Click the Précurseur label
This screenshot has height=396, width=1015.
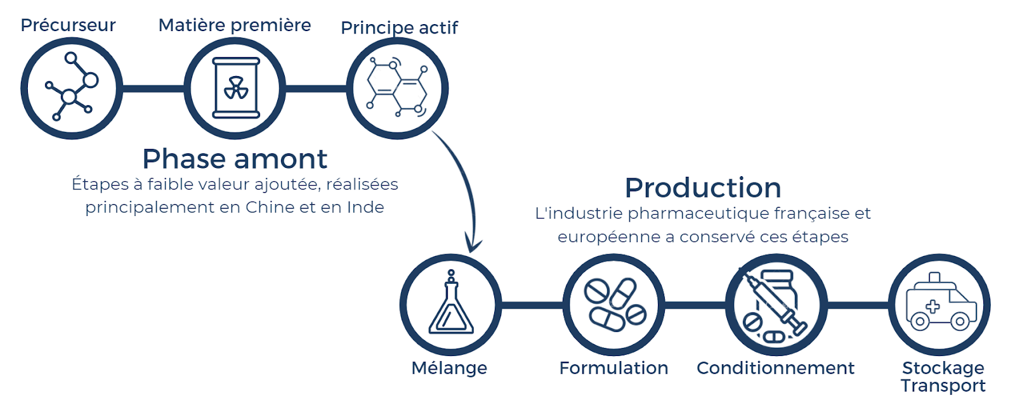coord(68,25)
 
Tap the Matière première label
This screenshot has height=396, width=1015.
coord(234,25)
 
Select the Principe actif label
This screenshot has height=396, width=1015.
coord(399,28)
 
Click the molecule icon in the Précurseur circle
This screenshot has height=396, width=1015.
coord(72,86)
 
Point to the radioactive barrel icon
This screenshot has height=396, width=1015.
coord(235,88)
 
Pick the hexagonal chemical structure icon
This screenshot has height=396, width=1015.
coord(397,87)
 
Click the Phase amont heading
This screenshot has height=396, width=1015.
coord(235,159)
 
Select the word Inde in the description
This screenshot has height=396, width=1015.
coord(365,207)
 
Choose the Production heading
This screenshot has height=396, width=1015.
coord(703,188)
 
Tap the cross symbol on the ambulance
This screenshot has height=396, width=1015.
coord(933,307)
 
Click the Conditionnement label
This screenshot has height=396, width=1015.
coord(775,368)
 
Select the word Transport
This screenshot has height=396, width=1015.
coord(943,386)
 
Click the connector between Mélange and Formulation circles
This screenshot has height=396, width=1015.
coord(532,305)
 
